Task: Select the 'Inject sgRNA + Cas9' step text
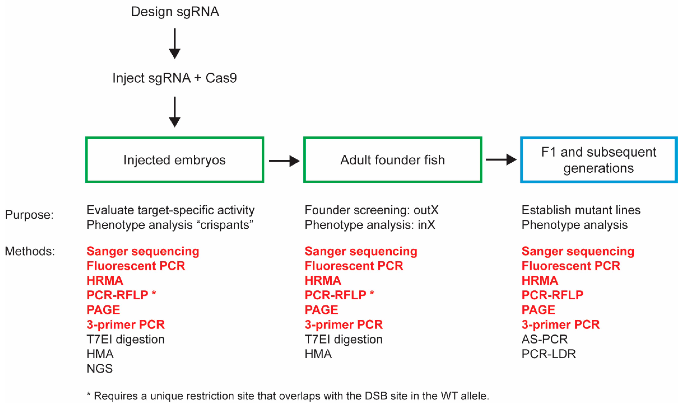[175, 78]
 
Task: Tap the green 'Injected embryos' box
[175, 160]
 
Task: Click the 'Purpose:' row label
[29, 215]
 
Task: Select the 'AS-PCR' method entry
[544, 339]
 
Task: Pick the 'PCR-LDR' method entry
[548, 354]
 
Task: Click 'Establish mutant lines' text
[581, 210]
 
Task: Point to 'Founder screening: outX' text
[371, 210]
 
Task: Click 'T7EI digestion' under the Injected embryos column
[126, 339]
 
